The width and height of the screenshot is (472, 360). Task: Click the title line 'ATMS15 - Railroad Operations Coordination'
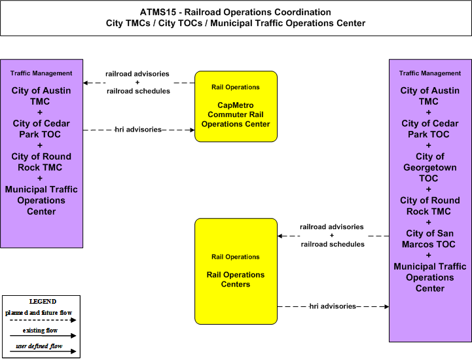click(236, 12)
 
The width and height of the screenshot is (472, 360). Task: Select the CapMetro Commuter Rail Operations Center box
click(236, 107)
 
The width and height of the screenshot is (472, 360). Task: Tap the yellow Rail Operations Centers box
click(236, 271)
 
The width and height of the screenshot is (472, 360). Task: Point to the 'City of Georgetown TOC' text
click(429, 168)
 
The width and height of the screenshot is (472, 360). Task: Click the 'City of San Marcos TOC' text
click(429, 239)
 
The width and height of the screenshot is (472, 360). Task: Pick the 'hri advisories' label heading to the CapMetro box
click(139, 130)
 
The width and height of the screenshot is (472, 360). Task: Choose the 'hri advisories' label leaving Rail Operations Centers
click(333, 306)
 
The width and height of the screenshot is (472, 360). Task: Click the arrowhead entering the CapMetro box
click(192, 130)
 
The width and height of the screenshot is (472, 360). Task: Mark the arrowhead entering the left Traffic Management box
click(86, 82)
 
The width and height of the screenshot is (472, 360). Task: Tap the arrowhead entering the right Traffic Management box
click(386, 306)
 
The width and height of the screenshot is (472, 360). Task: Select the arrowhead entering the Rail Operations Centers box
click(280, 236)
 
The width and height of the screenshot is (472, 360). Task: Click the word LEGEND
click(43, 301)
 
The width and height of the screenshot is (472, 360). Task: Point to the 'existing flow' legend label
click(40, 330)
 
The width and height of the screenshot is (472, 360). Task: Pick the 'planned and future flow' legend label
click(39, 313)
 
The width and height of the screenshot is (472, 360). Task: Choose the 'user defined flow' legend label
click(39, 346)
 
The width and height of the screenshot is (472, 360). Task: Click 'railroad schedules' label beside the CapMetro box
click(139, 91)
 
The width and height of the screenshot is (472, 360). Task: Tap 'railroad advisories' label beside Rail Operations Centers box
click(332, 226)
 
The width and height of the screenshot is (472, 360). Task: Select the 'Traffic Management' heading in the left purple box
click(41, 73)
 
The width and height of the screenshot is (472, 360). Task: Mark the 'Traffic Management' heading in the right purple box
click(430, 73)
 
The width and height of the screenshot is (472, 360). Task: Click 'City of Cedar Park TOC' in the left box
click(41, 129)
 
